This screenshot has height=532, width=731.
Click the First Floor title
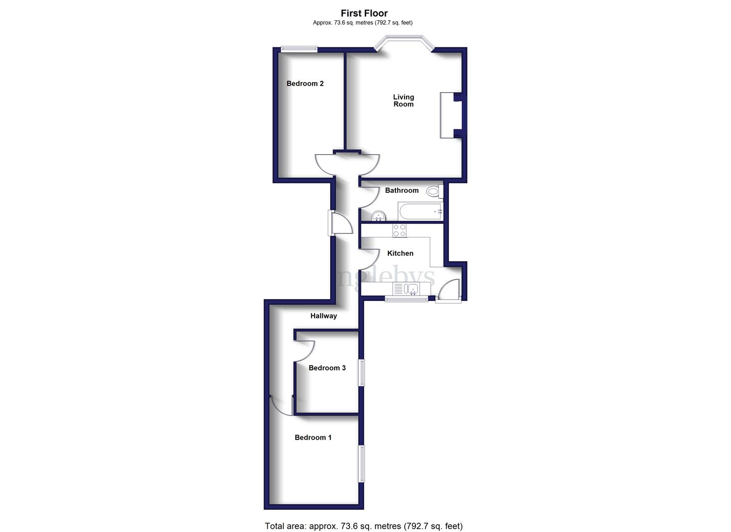point(364,13)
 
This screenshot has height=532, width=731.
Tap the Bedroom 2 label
point(305,84)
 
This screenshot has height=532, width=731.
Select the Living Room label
point(403,100)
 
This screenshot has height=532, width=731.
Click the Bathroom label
point(402,191)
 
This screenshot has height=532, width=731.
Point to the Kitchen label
point(400,253)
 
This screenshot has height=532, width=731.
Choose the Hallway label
point(323,316)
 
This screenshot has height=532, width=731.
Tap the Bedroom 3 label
point(327,368)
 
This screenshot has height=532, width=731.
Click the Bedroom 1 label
point(313,437)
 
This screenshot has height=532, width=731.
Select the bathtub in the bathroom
point(420,212)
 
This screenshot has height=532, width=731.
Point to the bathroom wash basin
point(378,216)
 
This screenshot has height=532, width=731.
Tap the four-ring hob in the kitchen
point(399,231)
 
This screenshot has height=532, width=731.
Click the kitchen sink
point(412,289)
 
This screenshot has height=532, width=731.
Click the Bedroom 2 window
point(299,49)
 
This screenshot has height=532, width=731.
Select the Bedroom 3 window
point(362,372)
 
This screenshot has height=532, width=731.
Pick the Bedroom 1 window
point(361,464)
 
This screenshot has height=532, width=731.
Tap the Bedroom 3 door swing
point(304,351)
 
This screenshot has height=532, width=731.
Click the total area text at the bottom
point(363,526)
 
